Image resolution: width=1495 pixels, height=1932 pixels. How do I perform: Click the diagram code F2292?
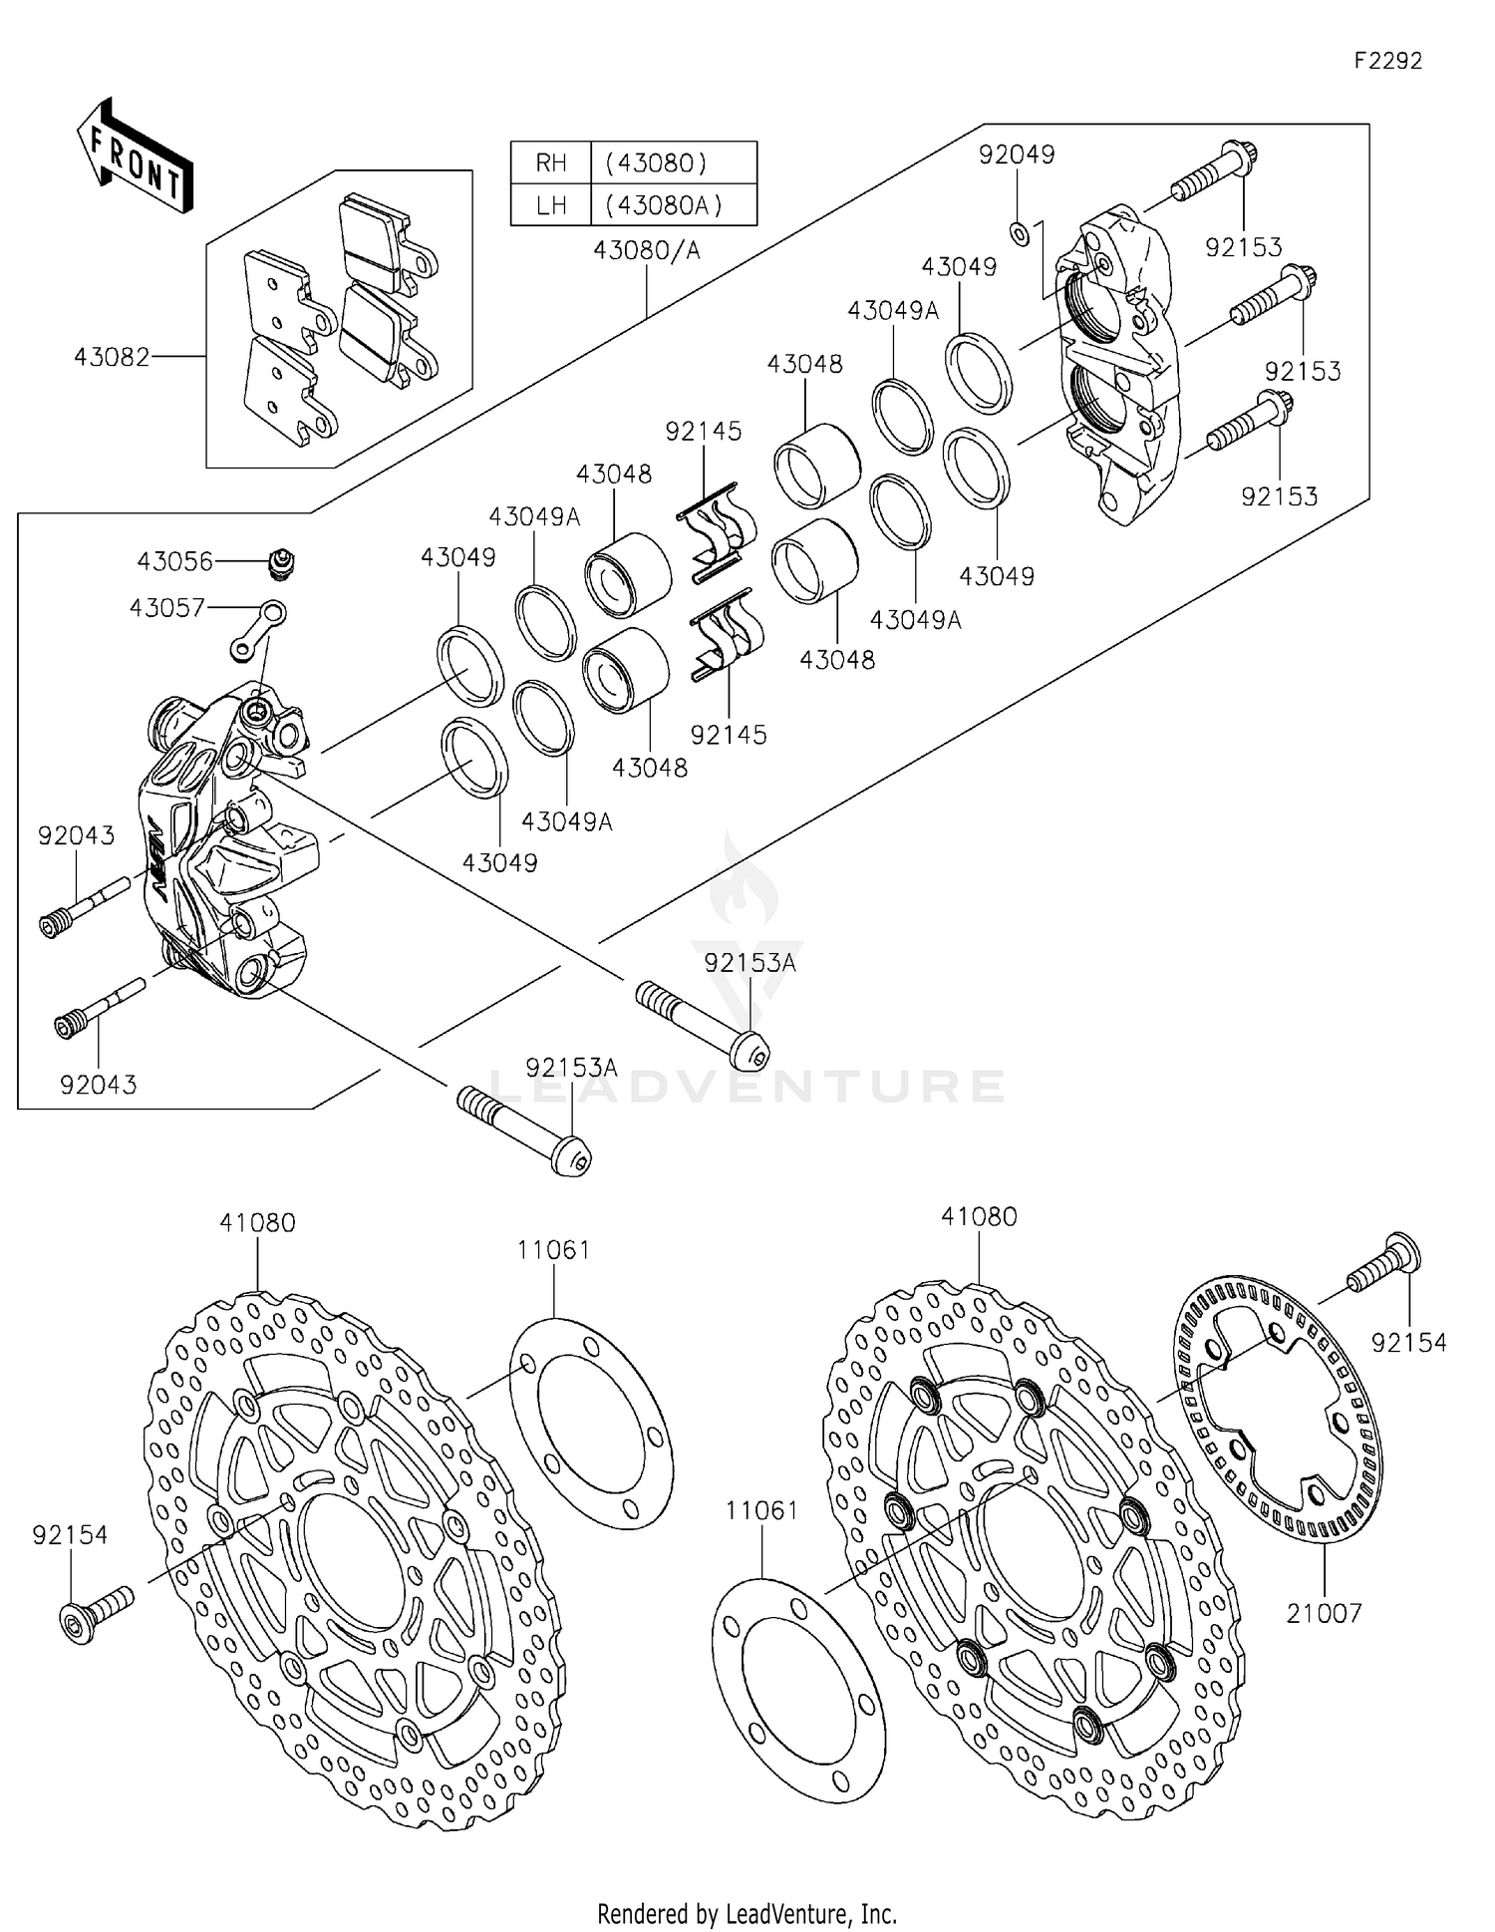click(1387, 61)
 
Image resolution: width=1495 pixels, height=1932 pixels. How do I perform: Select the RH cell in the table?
click(550, 162)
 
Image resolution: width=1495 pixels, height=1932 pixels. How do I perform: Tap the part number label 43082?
click(111, 357)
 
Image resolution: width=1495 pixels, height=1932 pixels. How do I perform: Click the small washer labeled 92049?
click(1019, 233)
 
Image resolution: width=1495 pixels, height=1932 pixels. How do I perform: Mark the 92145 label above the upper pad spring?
click(704, 432)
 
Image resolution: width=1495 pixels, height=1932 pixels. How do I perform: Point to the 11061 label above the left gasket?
click(553, 1250)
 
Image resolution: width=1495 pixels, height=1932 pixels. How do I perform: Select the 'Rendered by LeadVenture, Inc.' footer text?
click(747, 1913)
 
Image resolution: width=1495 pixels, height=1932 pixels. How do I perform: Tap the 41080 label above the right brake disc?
click(979, 1216)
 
